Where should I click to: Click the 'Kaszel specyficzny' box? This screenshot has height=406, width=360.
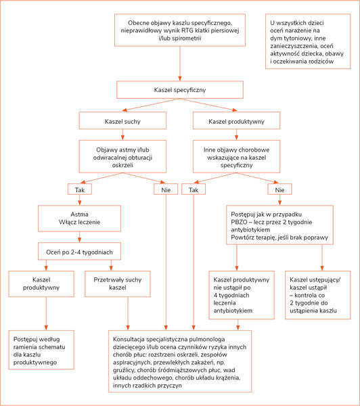[180, 90]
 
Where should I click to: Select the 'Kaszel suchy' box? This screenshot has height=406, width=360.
[122, 120]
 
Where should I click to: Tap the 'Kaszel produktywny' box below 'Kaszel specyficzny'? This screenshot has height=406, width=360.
[236, 120]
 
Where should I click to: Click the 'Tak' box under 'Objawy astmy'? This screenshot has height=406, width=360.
[79, 189]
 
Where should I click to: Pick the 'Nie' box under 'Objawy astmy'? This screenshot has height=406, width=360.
[166, 189]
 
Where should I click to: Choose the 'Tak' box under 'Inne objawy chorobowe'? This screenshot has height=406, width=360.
[194, 189]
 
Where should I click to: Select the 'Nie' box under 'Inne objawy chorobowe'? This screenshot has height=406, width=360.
[279, 189]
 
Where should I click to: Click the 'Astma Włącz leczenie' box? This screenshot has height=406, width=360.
[79, 219]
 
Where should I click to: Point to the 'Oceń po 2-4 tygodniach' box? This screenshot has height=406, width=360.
[79, 251]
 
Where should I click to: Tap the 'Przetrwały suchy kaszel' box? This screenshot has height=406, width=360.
[118, 284]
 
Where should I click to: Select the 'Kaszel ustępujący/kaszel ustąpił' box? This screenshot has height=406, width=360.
[318, 295]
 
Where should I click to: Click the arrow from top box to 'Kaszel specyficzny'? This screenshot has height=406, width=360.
[180, 64]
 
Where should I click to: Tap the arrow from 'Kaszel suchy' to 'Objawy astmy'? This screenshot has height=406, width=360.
[122, 135]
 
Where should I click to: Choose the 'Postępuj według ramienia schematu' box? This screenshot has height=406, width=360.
[41, 350]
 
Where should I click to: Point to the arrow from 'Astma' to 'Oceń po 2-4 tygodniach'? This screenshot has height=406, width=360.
[79, 237]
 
